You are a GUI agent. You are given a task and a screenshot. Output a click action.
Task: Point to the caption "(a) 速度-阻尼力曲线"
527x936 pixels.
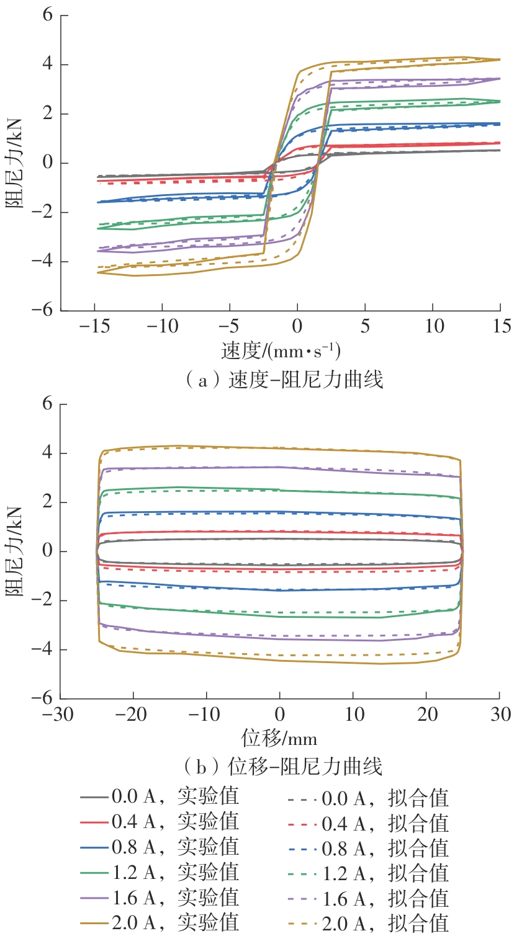pyautogui.click(x=284, y=380)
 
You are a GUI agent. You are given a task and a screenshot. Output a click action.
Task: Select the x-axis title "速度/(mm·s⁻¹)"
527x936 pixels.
pyautogui.click(x=281, y=351)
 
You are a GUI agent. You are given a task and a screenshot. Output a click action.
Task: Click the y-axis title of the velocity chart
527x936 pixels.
pyautogui.click(x=15, y=163)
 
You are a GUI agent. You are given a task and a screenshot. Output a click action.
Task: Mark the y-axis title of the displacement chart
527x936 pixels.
pyautogui.click(x=15, y=551)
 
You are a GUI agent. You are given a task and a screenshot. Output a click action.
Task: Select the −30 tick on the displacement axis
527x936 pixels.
pyautogui.click(x=58, y=715)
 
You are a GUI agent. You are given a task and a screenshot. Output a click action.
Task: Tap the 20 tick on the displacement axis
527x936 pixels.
pyautogui.click(x=427, y=715)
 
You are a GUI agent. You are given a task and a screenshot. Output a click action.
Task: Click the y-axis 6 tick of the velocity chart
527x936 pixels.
pyautogui.click(x=48, y=15)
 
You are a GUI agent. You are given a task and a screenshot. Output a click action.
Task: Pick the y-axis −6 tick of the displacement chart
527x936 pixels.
pyautogui.click(x=43, y=698)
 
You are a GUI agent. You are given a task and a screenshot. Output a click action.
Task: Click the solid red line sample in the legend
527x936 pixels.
pyautogui.click(x=94, y=822)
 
